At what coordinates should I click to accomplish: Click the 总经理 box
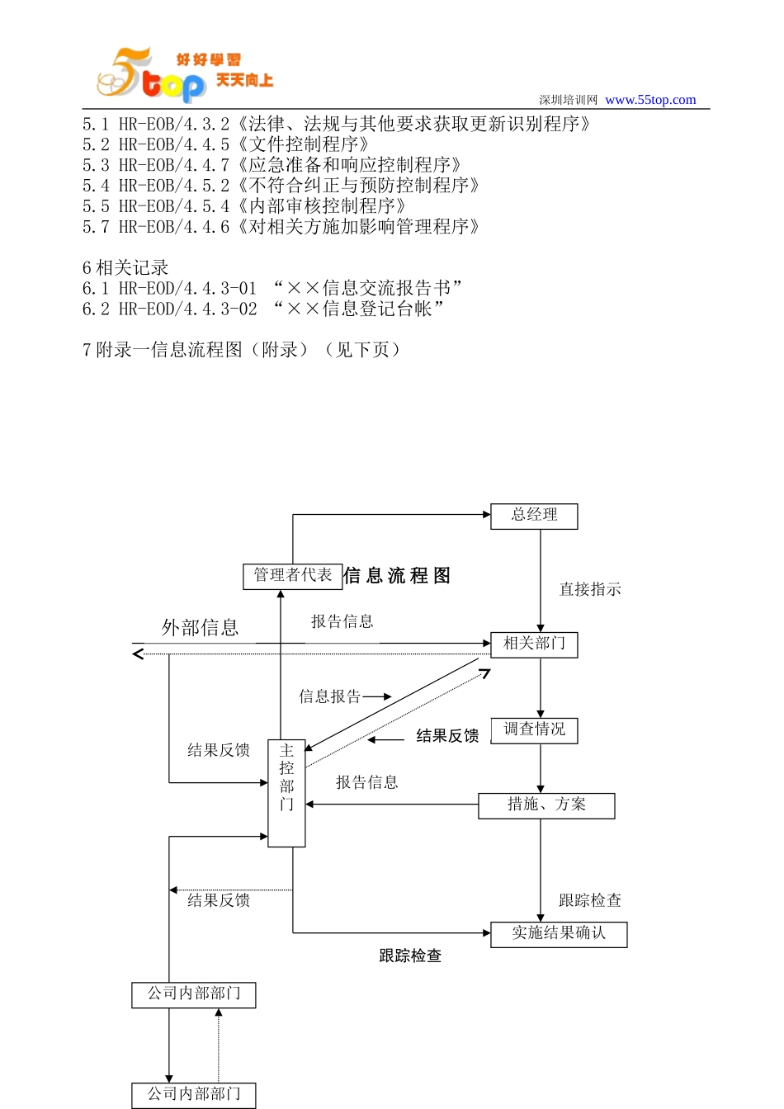(x=534, y=516)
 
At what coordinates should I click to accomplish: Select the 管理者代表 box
(x=293, y=576)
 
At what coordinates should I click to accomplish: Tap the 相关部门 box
(x=534, y=644)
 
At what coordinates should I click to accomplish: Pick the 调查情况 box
(x=534, y=730)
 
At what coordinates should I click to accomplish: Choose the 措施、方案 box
(x=546, y=805)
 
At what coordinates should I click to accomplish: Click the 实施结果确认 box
(x=559, y=934)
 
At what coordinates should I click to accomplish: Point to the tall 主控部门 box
(x=286, y=792)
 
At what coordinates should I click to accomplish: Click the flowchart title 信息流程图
(x=397, y=576)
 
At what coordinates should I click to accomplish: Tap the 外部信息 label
(x=200, y=628)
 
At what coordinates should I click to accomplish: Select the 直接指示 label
(x=590, y=589)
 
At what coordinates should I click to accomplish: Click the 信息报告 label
(x=330, y=696)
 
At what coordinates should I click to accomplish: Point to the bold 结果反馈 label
(x=447, y=736)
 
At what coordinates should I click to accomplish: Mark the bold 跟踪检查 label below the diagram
(x=410, y=956)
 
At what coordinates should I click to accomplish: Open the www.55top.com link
(x=650, y=100)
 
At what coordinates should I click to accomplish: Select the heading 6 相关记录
(x=125, y=267)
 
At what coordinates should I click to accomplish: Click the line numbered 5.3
(x=272, y=165)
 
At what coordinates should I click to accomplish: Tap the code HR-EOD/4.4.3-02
(x=187, y=309)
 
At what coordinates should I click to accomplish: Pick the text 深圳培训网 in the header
(x=568, y=100)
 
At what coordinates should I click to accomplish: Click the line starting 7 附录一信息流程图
(x=241, y=350)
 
